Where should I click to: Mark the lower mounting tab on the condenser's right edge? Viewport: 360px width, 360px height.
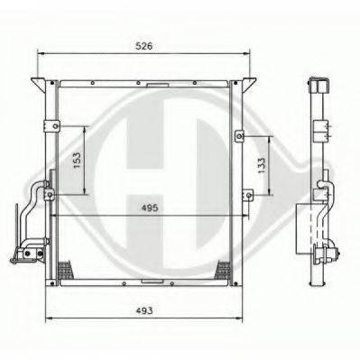click(245, 192)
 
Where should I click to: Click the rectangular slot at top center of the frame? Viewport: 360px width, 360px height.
click(155, 88)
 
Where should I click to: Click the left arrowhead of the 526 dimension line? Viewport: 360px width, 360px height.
click(40, 53)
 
